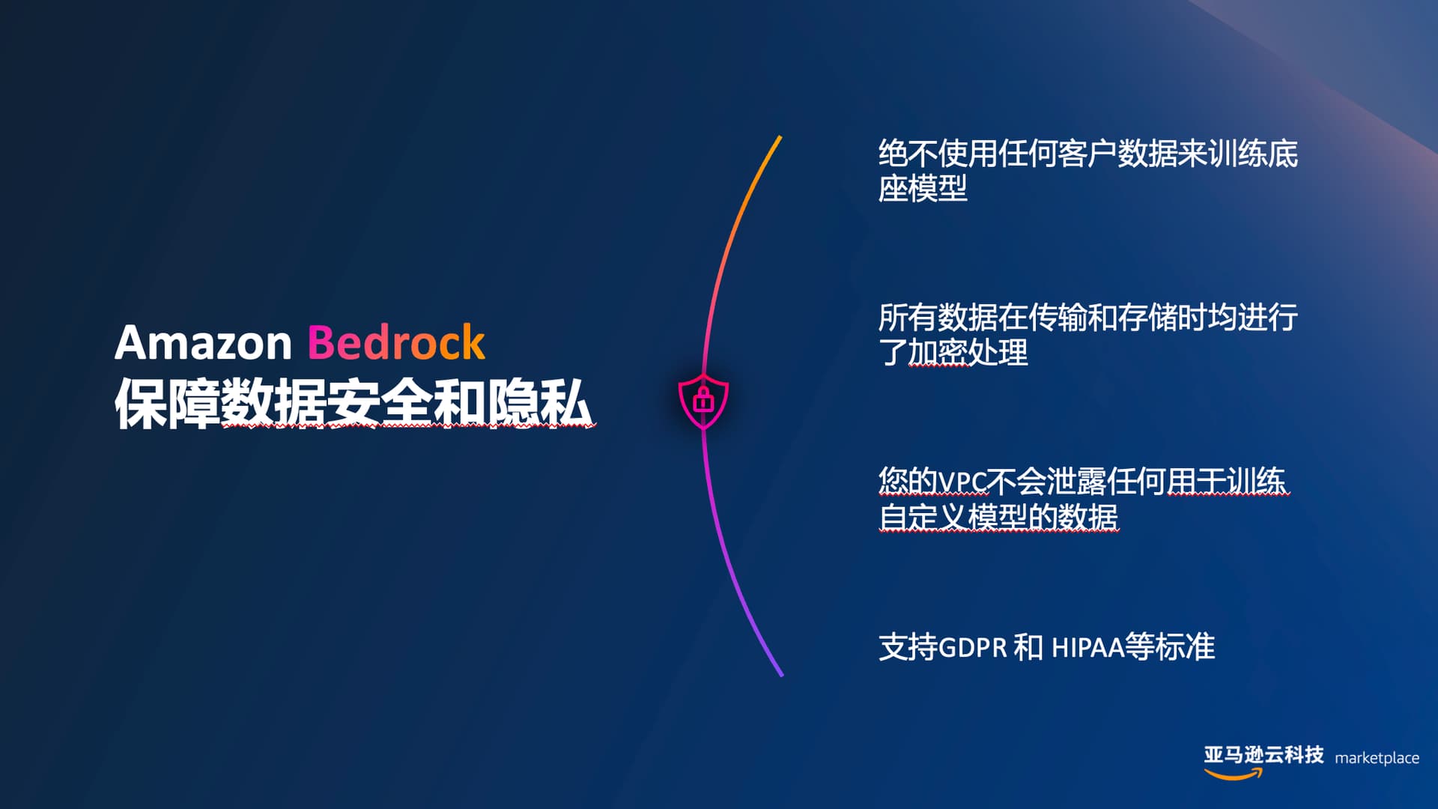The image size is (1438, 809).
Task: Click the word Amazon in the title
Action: (203, 343)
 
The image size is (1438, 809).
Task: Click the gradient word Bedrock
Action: (396, 342)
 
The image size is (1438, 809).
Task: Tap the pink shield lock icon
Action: (703, 401)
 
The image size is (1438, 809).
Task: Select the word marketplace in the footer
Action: (1377, 758)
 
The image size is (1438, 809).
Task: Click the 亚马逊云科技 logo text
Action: (1263, 754)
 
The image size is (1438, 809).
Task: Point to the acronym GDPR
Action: (972, 647)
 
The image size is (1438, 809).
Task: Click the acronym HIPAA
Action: (1088, 647)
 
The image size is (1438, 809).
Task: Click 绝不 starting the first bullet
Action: (908, 154)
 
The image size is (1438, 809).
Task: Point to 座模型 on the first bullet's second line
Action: (923, 188)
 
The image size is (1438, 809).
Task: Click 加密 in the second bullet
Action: (938, 352)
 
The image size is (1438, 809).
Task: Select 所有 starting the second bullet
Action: (908, 318)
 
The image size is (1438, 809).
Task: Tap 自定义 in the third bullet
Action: (923, 517)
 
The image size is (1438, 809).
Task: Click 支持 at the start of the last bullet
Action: (908, 647)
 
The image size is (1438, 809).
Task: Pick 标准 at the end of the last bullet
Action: (1185, 647)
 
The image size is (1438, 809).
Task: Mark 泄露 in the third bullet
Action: (1076, 482)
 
